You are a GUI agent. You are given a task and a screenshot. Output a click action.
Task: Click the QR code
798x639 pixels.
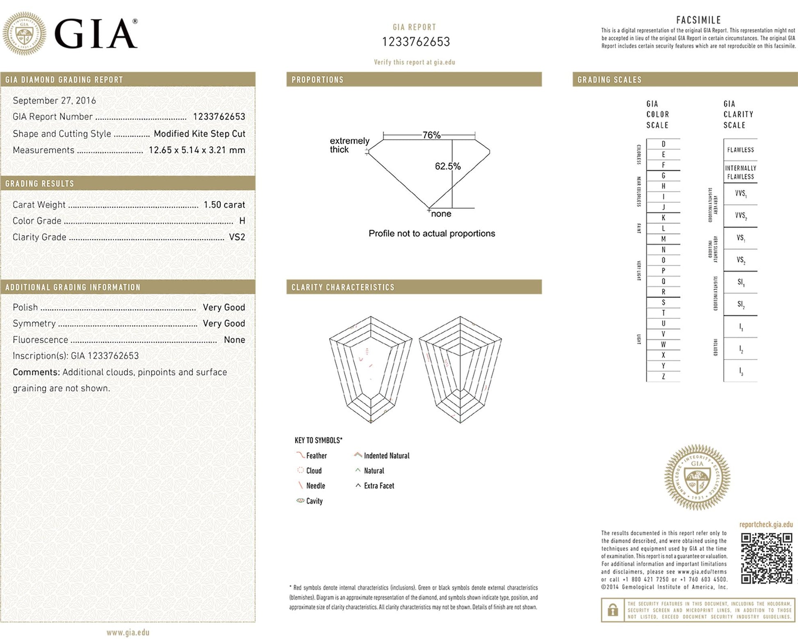[766, 558]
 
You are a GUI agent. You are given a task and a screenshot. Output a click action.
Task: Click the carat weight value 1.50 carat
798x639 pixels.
[224, 204]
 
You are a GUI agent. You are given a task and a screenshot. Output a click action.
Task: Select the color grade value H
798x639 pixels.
[242, 221]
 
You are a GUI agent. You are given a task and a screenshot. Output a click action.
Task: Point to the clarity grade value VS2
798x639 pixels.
[237, 237]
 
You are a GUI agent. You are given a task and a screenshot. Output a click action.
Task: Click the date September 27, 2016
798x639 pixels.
[54, 101]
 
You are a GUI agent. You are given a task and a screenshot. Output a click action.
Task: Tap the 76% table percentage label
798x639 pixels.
[431, 135]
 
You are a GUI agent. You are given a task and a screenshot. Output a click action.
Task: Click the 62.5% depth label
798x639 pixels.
[447, 166]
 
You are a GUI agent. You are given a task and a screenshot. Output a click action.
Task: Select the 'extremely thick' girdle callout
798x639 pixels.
[349, 145]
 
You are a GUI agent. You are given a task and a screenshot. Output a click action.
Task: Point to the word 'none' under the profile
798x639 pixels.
[441, 214]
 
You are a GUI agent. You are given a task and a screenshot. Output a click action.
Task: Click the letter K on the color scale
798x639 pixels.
[663, 218]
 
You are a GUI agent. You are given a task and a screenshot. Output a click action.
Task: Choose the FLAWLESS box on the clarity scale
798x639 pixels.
[740, 150]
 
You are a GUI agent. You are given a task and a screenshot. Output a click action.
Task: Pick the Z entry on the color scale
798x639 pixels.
[663, 376]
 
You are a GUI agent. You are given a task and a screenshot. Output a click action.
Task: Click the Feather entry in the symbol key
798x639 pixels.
[316, 456]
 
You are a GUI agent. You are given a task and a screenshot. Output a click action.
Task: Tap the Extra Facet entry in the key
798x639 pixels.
[378, 486]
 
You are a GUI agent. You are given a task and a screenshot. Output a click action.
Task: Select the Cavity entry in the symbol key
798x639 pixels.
[314, 501]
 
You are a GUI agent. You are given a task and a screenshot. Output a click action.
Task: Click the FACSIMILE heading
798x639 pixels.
[698, 20]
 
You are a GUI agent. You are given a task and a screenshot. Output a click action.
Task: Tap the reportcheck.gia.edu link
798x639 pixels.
[766, 524]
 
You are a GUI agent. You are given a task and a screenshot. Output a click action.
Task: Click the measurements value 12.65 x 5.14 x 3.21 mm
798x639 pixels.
[197, 150]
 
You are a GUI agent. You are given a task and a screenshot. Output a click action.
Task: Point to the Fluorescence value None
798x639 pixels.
[234, 340]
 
